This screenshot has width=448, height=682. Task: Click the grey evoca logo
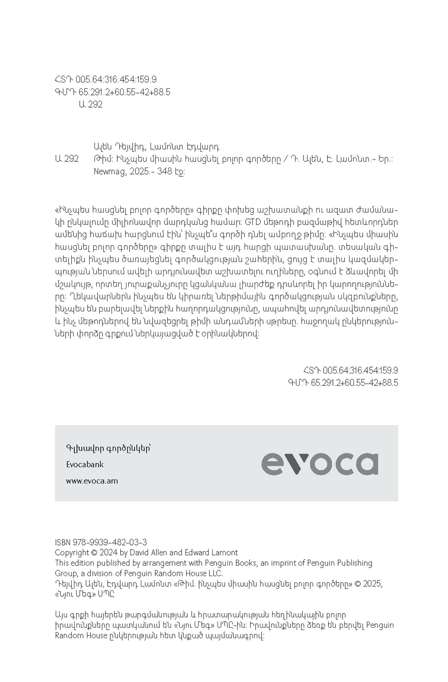click(x=320, y=464)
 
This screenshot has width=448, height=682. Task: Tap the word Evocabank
click(x=85, y=464)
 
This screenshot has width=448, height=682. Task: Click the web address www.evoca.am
click(x=92, y=481)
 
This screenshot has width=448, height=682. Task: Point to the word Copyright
click(x=71, y=553)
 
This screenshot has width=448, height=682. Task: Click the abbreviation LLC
click(x=214, y=574)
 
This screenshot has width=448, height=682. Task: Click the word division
click(x=97, y=574)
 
